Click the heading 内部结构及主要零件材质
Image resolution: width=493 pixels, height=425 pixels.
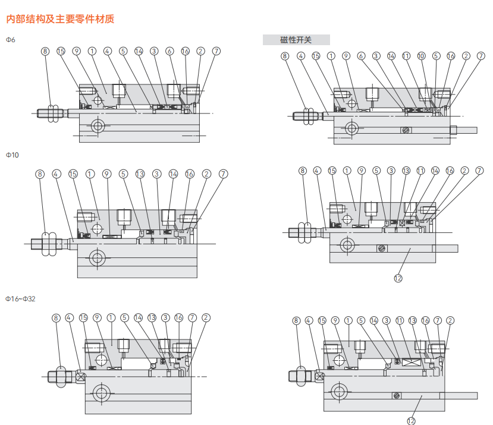[x=60, y=19]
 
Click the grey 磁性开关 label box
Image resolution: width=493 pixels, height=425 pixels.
[x=296, y=40]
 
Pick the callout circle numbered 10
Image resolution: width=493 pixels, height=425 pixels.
[x=421, y=56]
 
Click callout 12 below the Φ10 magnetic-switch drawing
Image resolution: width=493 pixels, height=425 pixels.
[x=398, y=277]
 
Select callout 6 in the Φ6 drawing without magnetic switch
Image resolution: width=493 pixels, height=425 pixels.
[x=169, y=51]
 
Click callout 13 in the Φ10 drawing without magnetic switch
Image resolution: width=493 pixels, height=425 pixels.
[x=140, y=174]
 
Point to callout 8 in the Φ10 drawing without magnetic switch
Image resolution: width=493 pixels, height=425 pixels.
[x=40, y=174]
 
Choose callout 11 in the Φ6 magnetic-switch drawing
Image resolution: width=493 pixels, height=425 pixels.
[x=406, y=56]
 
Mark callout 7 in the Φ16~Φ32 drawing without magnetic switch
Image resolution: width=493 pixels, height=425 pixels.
[x=192, y=318]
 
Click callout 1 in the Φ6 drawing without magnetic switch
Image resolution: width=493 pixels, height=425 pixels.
[x=92, y=51]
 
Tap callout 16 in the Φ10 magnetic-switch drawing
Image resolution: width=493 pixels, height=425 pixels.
[x=450, y=171]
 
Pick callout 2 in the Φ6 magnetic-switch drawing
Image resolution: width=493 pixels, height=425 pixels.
[x=466, y=56]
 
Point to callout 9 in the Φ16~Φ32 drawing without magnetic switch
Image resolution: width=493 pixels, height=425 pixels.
[x=97, y=318]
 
